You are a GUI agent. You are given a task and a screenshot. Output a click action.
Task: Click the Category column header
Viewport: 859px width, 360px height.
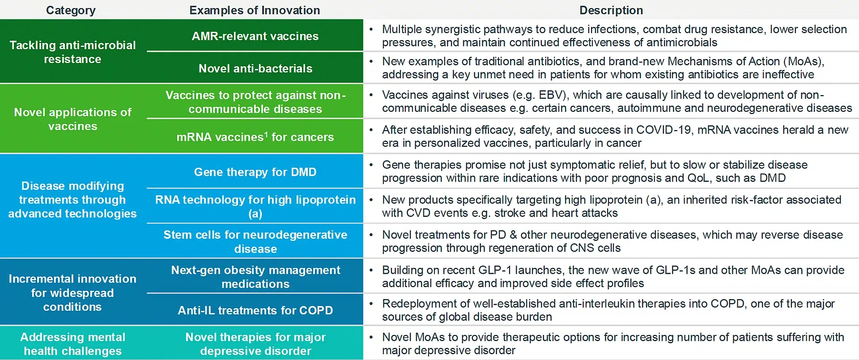[x=71, y=10]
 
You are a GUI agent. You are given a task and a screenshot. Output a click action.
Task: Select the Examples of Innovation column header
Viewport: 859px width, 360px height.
[x=255, y=10]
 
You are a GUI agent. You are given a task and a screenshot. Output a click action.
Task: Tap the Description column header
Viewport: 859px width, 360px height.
[x=611, y=10]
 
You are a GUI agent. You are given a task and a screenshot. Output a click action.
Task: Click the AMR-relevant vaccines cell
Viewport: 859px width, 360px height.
[x=255, y=36]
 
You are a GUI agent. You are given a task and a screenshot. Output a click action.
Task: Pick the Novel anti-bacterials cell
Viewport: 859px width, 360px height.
[x=255, y=68]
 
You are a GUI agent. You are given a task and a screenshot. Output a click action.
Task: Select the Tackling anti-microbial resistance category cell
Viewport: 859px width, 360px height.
[x=73, y=52]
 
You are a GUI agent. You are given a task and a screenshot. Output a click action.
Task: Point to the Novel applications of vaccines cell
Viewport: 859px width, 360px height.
[x=73, y=119]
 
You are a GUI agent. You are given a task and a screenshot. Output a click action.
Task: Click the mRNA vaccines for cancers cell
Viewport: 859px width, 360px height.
[x=255, y=136]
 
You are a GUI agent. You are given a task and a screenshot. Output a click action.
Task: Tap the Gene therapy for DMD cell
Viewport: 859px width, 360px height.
[x=255, y=172]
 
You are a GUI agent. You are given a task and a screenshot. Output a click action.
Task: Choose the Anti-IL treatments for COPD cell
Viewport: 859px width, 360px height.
[x=255, y=310]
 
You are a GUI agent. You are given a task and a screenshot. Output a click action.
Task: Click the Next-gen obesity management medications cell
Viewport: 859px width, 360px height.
[x=255, y=276]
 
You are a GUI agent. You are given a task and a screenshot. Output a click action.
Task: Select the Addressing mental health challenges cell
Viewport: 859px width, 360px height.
[x=73, y=343]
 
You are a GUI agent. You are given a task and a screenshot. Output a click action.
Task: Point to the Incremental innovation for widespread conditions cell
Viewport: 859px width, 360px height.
[x=73, y=292]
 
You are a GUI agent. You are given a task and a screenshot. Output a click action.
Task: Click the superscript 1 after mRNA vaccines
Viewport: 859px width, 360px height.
[x=266, y=133]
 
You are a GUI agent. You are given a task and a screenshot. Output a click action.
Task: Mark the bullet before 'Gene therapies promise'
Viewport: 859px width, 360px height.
[x=371, y=165]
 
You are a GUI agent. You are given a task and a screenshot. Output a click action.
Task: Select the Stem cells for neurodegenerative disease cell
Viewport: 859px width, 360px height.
[x=255, y=241]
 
